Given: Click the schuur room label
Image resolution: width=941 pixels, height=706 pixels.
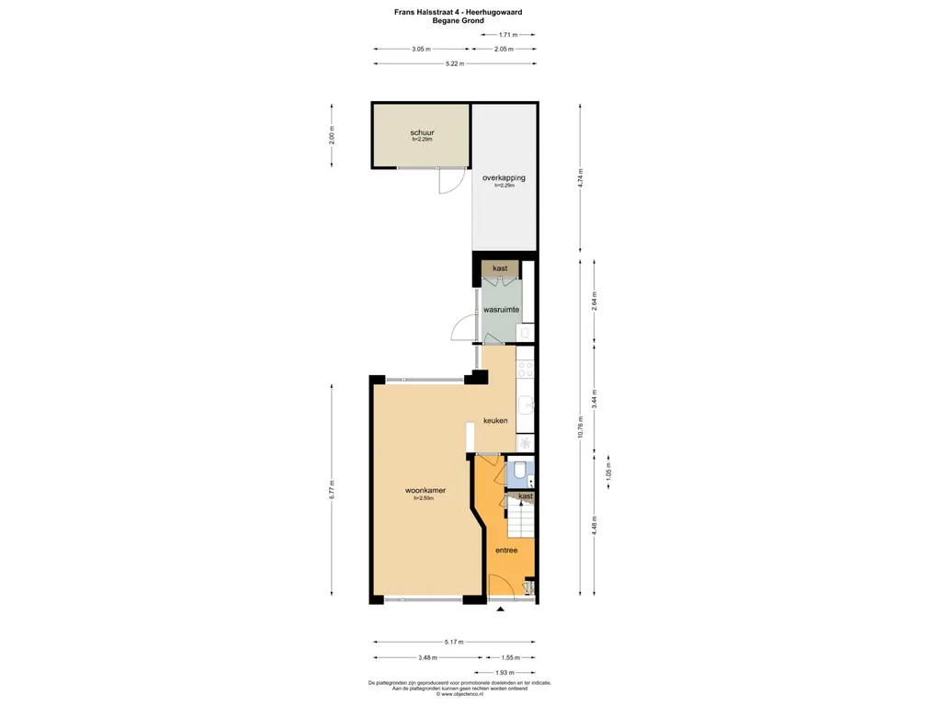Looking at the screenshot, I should (x=422, y=132).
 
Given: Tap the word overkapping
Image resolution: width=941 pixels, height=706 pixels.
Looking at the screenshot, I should (x=504, y=177).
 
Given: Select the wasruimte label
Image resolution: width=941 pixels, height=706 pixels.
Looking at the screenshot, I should (x=502, y=310).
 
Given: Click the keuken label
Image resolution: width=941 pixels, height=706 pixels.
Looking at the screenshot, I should (x=496, y=420).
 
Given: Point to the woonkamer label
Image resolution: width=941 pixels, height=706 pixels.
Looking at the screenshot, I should (x=425, y=490).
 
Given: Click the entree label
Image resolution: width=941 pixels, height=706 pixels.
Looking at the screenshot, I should (x=506, y=550).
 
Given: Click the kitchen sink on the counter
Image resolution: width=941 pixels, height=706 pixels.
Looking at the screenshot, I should (x=527, y=405).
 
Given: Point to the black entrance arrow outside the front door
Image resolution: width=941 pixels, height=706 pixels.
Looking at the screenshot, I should (x=501, y=609).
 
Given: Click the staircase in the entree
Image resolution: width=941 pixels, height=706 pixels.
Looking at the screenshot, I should (x=521, y=524).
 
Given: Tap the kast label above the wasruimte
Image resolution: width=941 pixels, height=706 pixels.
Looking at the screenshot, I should (x=500, y=268).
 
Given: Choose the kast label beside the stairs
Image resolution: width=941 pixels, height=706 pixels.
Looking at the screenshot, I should (x=526, y=496).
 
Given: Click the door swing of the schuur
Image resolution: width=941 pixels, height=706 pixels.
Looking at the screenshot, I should (x=448, y=182).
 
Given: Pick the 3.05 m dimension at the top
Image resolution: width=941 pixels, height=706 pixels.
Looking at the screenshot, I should (x=421, y=49).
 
